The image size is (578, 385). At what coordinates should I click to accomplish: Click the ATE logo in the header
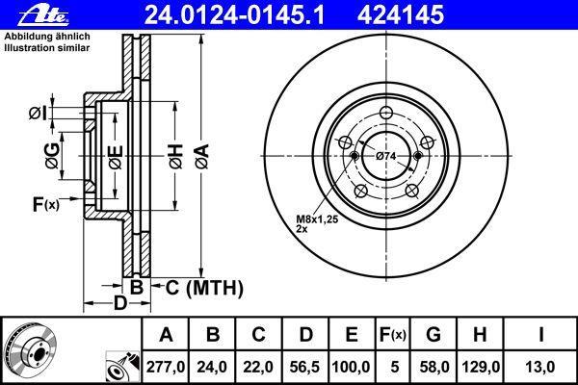click(43, 15)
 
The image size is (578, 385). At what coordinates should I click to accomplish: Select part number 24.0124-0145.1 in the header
click(234, 15)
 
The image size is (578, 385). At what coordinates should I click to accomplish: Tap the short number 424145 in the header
click(401, 15)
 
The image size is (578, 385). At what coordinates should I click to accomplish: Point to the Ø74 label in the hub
click(386, 156)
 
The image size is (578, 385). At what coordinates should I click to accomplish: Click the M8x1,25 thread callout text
click(317, 219)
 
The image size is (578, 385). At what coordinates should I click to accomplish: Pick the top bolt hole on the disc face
click(386, 113)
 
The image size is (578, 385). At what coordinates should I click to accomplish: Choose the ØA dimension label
click(202, 157)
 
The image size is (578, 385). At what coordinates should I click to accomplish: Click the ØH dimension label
click(176, 157)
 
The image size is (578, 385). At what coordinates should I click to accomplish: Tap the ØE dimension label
click(116, 158)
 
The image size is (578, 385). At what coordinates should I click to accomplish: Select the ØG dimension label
click(52, 156)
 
